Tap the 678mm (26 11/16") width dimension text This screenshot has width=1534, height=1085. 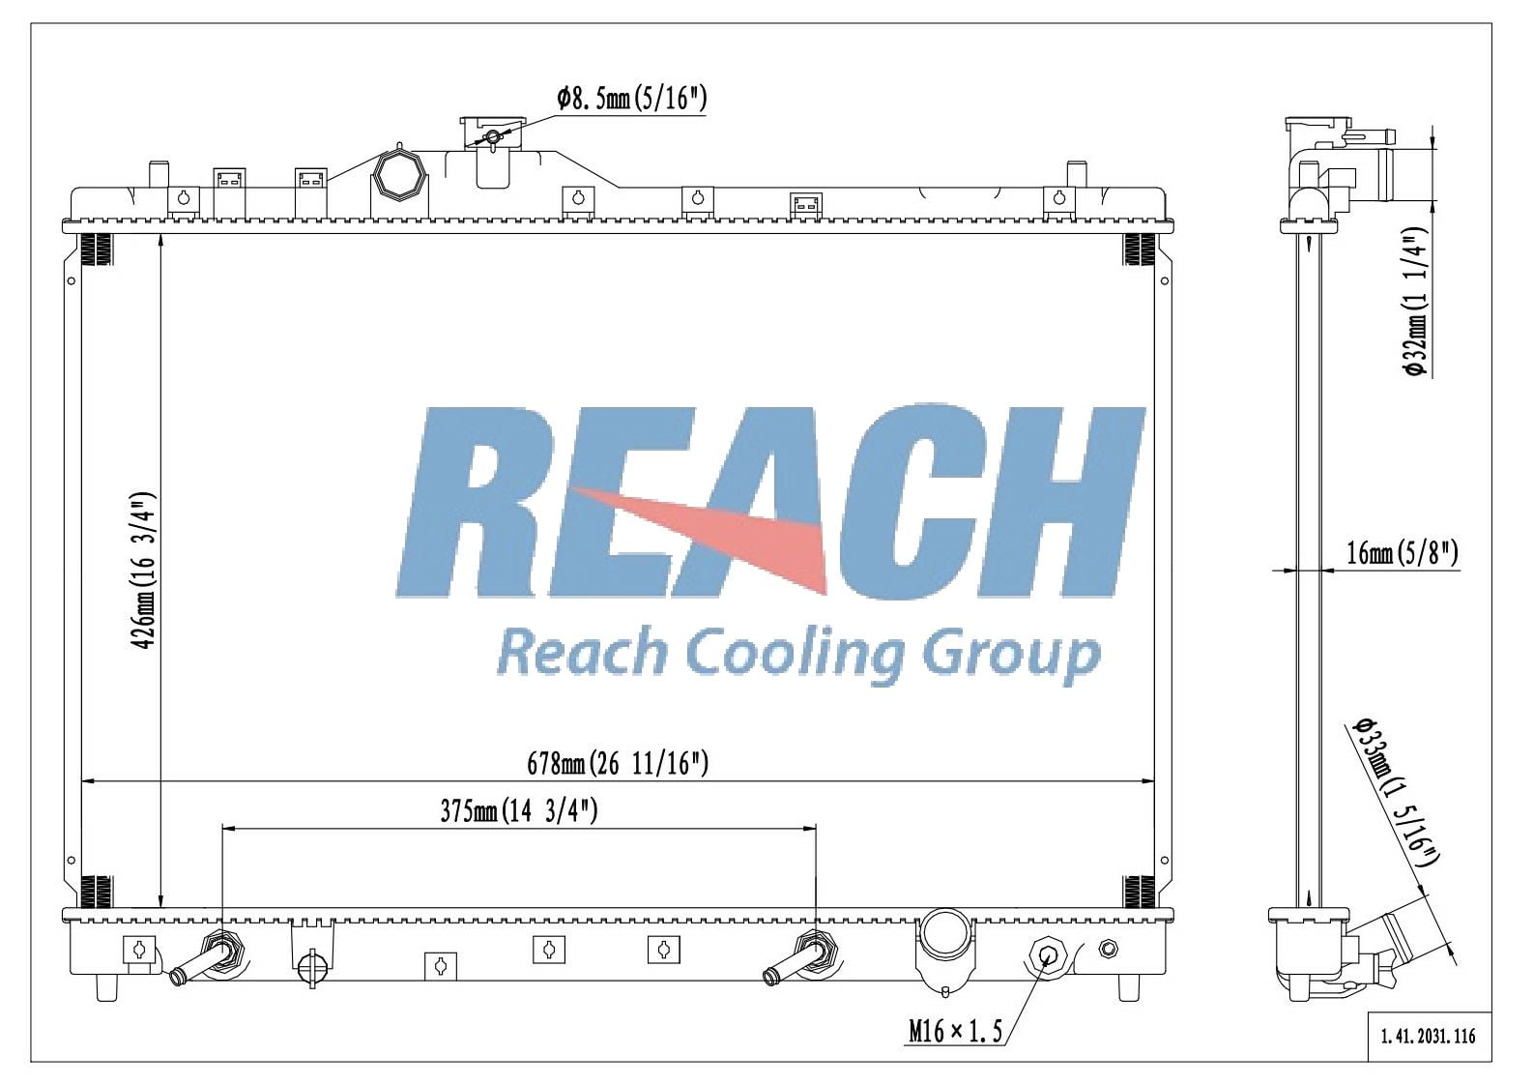point(618,764)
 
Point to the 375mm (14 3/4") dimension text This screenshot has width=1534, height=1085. point(518,811)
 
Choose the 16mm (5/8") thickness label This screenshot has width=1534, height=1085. point(1402,553)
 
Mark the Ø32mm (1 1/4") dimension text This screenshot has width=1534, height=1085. point(1415,302)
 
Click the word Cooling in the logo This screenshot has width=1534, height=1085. point(796,656)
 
